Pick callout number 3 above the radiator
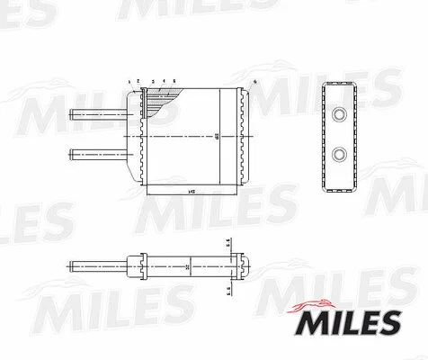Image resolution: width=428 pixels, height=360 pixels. click(x=153, y=81)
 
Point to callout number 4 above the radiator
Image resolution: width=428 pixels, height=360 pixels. click(x=164, y=81)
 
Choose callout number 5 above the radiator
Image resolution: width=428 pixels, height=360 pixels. click(x=174, y=81)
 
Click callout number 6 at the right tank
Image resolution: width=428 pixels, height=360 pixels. click(x=255, y=82)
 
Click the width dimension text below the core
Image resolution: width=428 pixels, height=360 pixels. click(x=191, y=192)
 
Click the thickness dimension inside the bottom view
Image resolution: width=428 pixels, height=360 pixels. click(x=186, y=267)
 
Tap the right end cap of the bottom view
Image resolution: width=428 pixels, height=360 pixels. click(x=241, y=267)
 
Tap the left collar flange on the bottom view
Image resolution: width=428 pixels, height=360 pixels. click(x=141, y=267)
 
